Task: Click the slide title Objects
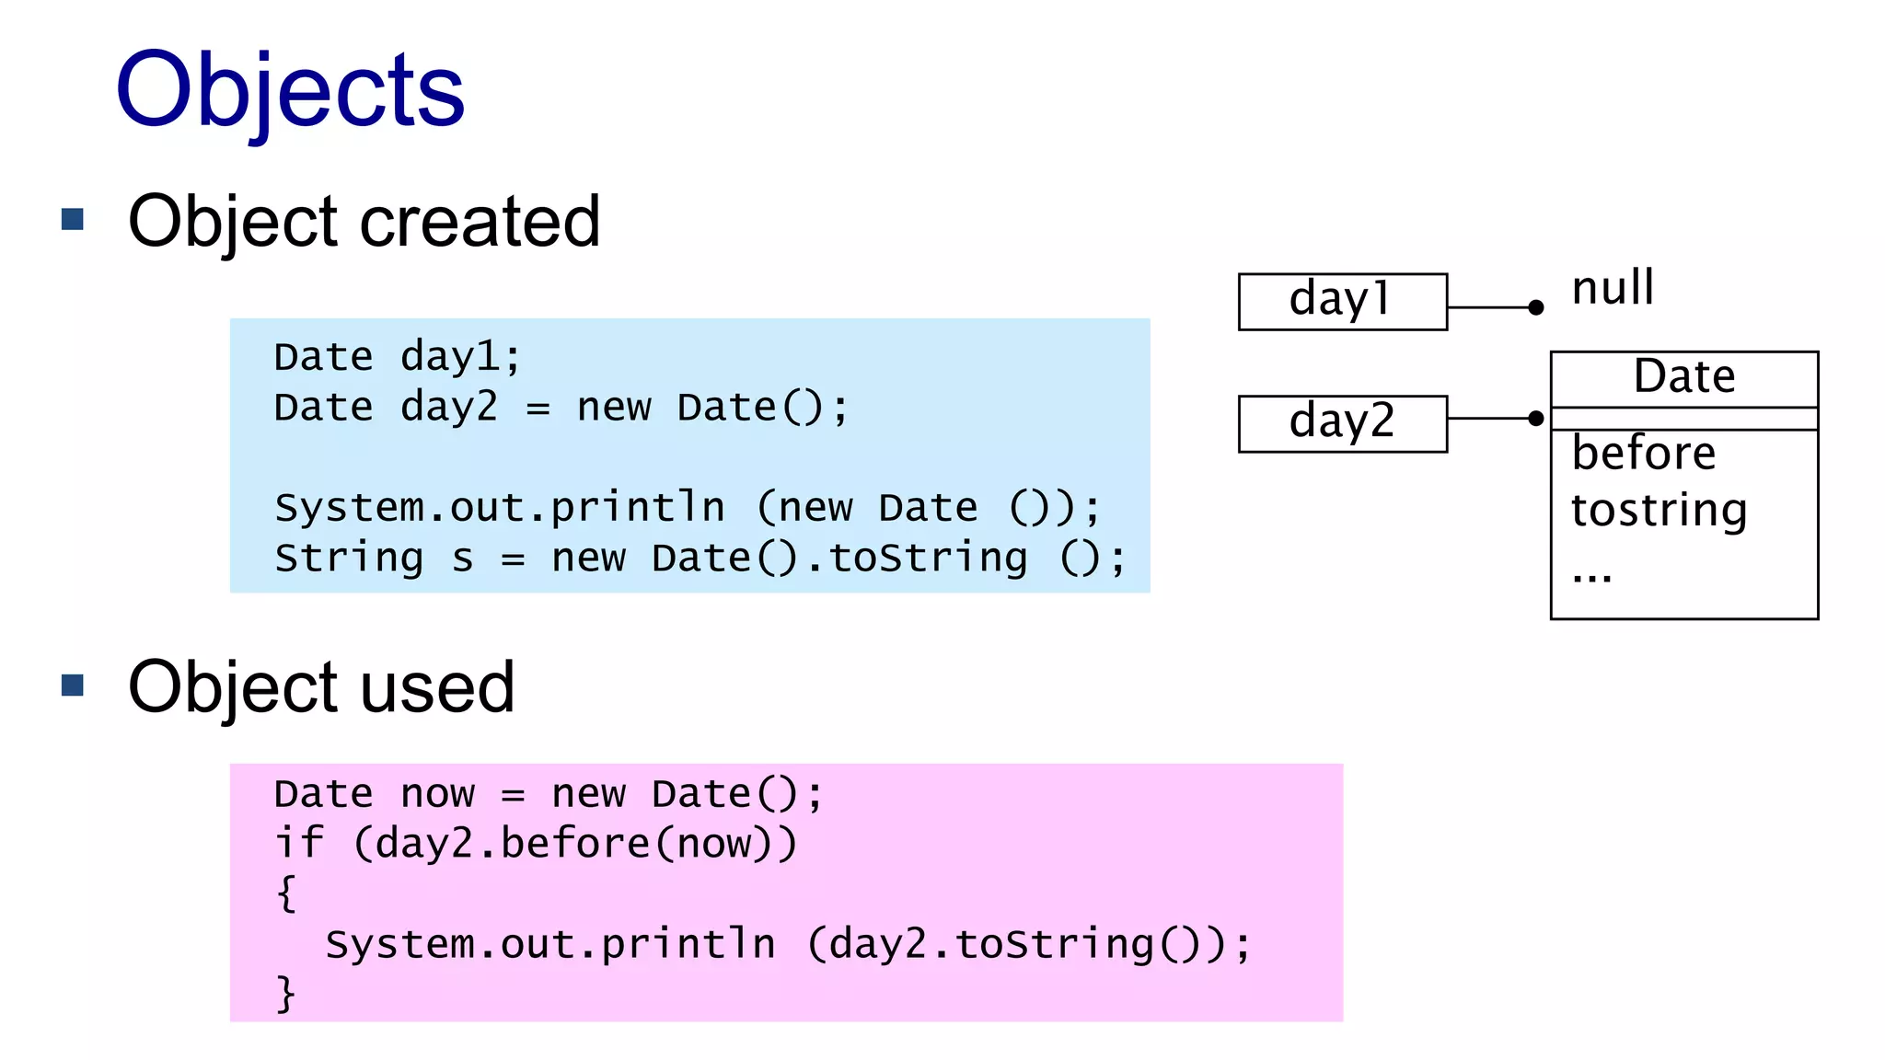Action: (x=290, y=90)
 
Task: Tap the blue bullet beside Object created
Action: (x=73, y=219)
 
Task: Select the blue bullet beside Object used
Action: (x=73, y=685)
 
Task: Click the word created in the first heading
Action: (x=480, y=222)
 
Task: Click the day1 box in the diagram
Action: (x=1342, y=301)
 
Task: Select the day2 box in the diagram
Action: (x=1342, y=423)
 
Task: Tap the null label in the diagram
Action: (x=1613, y=288)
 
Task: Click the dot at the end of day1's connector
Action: (x=1535, y=307)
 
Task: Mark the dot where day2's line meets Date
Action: (x=1535, y=419)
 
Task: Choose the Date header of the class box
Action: (x=1683, y=377)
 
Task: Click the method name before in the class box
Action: (x=1643, y=454)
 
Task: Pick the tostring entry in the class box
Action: (x=1659, y=511)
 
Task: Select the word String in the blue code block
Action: (x=349, y=559)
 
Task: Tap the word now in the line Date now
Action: (x=438, y=794)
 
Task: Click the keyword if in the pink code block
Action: (x=299, y=844)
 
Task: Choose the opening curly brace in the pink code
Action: (x=286, y=893)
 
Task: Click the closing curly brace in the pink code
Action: (x=286, y=994)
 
